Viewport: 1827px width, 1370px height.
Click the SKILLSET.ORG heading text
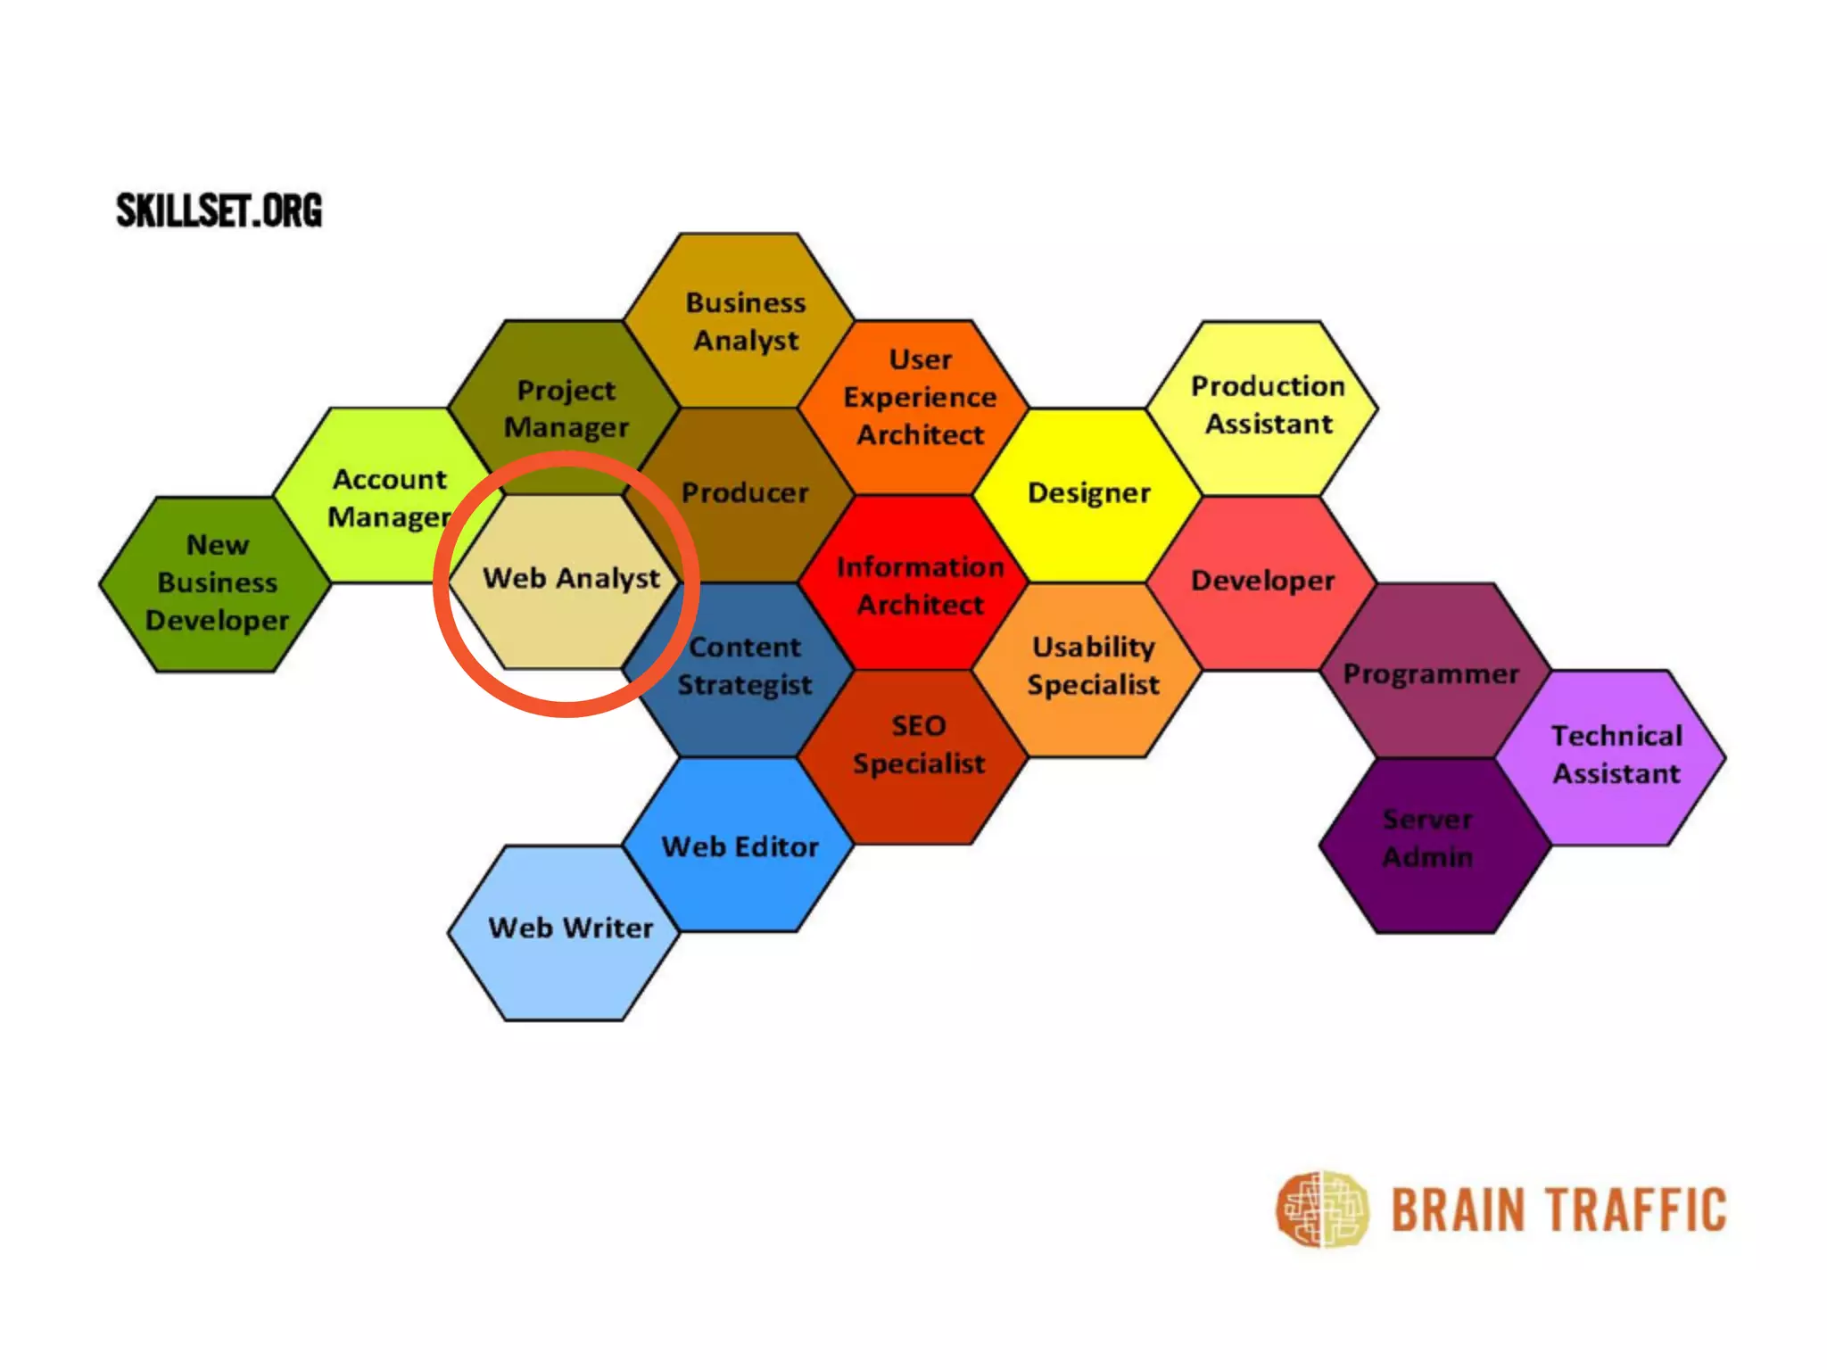[x=219, y=210]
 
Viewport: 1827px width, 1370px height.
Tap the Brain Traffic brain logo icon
[x=1321, y=1209]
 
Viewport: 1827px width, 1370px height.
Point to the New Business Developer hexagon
[x=216, y=584]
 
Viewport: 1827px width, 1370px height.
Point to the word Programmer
[x=1431, y=674]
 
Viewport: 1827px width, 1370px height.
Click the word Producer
[x=745, y=493]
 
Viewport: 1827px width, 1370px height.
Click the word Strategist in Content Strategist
[x=745, y=685]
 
